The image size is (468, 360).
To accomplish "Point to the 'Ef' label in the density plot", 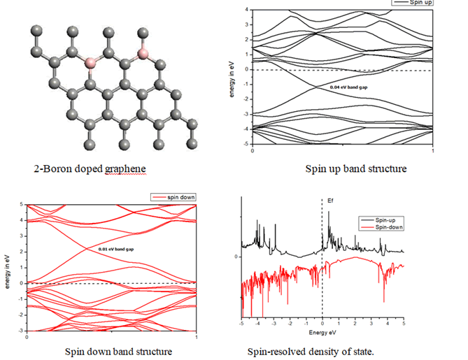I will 331,200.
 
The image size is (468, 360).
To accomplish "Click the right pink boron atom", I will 143,54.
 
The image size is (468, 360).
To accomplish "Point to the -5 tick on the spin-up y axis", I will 246,143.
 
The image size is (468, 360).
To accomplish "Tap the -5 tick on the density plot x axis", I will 241,324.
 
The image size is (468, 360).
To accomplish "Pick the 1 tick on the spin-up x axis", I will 434,150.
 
